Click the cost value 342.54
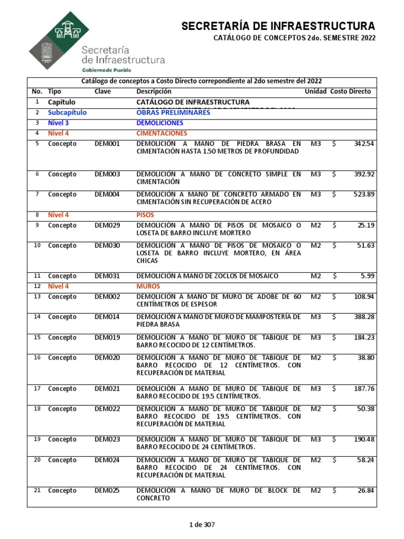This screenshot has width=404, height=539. [x=363, y=144]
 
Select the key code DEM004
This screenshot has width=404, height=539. [x=107, y=194]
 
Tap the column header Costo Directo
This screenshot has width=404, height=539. [x=350, y=92]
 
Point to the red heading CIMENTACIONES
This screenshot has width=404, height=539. [x=162, y=133]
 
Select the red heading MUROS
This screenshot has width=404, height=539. [x=149, y=286]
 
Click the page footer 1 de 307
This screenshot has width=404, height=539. [x=202, y=524]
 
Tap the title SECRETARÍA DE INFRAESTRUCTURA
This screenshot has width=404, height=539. [x=278, y=26]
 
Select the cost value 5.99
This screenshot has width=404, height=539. [x=367, y=276]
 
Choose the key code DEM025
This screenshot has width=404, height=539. [x=107, y=491]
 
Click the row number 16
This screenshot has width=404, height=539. [x=37, y=358]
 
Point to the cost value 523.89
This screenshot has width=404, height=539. [x=363, y=194]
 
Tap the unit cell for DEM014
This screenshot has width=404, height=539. [x=315, y=317]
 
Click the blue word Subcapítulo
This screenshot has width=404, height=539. [x=67, y=113]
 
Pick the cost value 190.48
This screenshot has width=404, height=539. [x=363, y=440]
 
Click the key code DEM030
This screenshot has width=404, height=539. [x=107, y=245]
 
